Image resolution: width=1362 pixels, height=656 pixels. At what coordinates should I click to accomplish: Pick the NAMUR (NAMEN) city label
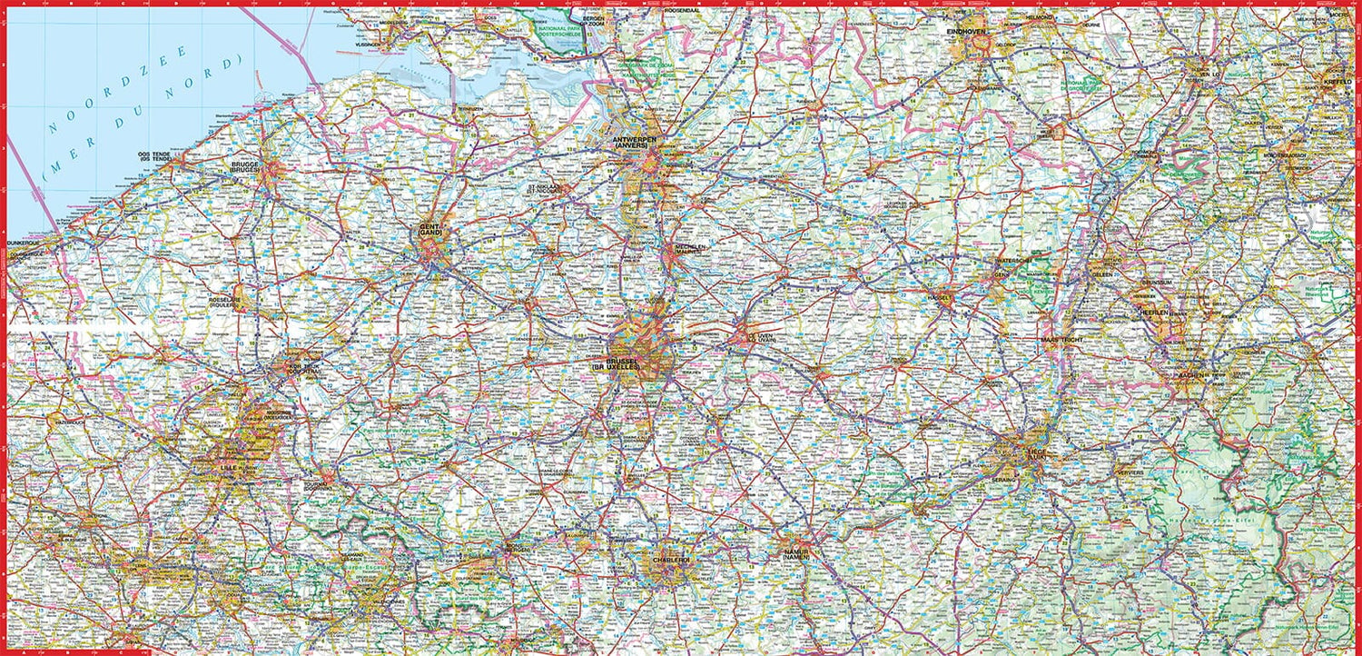[797, 552]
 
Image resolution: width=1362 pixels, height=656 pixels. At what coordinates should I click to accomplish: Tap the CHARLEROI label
[672, 561]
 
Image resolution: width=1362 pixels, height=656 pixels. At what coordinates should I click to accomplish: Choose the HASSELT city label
[938, 297]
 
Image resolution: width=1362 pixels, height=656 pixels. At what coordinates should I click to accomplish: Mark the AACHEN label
[1189, 375]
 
